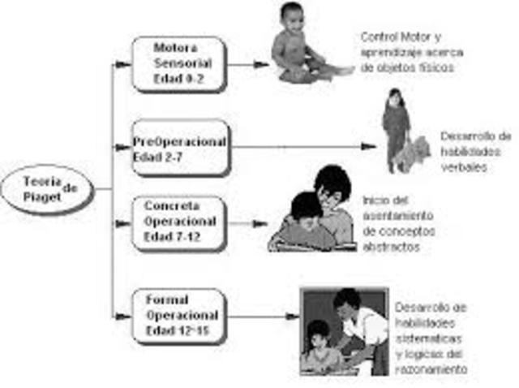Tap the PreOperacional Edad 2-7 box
[x=181, y=147]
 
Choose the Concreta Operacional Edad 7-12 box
[x=179, y=222]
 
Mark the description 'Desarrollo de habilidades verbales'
[x=474, y=151]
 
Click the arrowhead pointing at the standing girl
[x=369, y=147]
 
